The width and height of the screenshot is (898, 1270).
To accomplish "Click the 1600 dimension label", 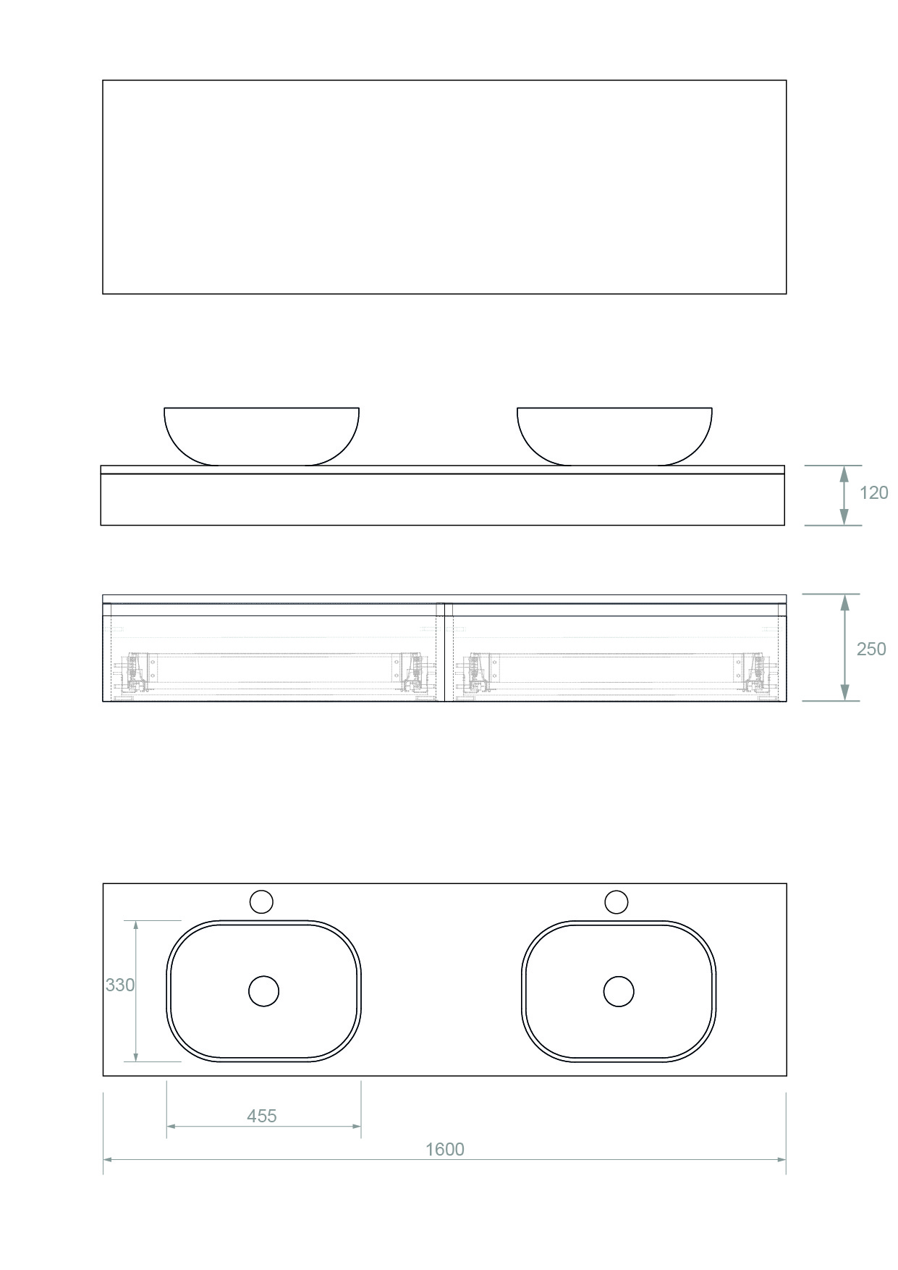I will tap(444, 1149).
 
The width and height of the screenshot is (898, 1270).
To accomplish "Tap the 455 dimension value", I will tap(261, 1116).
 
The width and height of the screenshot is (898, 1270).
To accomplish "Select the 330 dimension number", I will tap(120, 985).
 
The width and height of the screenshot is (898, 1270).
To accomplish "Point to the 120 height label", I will tap(873, 492).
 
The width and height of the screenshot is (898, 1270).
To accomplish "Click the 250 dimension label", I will tap(871, 649).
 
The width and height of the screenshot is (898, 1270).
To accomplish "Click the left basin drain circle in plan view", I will tap(263, 991).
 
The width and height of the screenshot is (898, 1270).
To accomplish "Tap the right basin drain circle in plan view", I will tap(619, 991).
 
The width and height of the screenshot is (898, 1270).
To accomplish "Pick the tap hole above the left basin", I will tap(261, 901).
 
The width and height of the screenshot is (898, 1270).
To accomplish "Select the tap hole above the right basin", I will tap(617, 901).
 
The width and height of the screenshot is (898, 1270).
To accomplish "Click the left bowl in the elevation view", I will tap(261, 435).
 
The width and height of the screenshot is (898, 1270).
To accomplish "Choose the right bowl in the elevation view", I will tap(614, 435).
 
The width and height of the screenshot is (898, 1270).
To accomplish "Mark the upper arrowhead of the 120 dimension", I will tap(844, 474).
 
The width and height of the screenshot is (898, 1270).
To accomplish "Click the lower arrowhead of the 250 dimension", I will tap(844, 693).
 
